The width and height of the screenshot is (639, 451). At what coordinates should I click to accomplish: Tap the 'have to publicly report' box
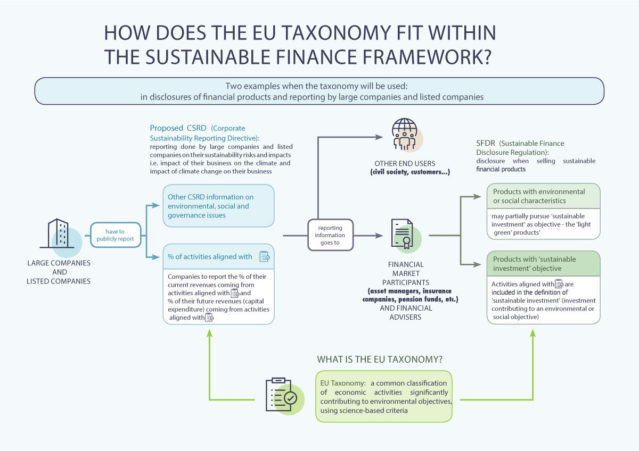point(116,235)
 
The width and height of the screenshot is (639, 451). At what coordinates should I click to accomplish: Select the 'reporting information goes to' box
point(330,235)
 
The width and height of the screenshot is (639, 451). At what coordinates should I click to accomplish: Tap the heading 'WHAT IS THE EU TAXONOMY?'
point(380,360)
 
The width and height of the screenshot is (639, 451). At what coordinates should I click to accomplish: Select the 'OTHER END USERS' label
point(405,163)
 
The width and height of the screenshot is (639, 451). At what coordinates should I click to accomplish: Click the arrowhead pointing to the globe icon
point(379,137)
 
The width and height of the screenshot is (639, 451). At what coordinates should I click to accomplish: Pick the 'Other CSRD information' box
point(218,206)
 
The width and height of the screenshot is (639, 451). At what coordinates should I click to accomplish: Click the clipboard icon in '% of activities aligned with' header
point(265,256)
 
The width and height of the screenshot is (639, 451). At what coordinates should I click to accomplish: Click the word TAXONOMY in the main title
point(336,32)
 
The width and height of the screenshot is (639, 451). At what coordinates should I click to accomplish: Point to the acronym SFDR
point(486,143)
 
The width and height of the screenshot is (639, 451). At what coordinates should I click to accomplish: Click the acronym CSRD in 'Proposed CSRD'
point(196,128)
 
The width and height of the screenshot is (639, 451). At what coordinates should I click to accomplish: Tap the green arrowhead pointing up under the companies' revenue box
point(210,333)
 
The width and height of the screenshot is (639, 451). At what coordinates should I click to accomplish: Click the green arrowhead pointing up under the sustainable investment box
point(532,333)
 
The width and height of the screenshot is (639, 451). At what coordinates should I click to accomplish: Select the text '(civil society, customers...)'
point(410,172)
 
